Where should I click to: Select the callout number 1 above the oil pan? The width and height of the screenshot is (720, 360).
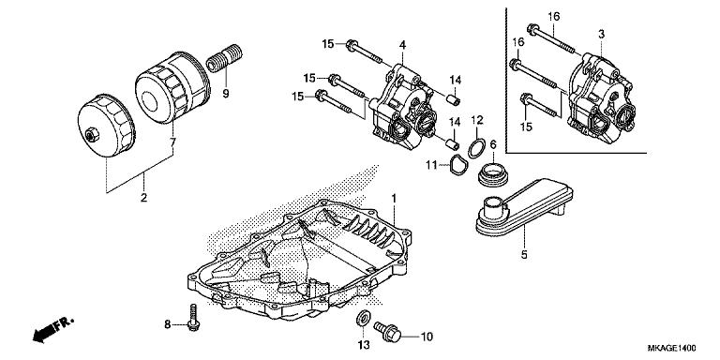(395, 198)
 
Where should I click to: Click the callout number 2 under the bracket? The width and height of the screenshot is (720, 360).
(143, 198)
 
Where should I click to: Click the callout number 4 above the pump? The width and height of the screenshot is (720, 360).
(401, 44)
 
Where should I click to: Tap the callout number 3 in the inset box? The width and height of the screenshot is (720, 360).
(601, 34)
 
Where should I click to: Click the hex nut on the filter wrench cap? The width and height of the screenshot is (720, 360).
(91, 138)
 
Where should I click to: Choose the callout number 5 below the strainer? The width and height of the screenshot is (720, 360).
(523, 254)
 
